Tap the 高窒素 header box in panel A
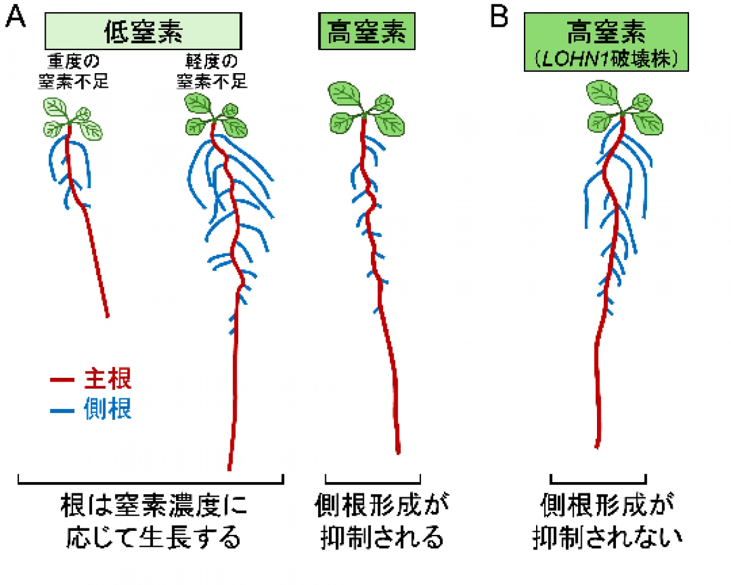(365, 31)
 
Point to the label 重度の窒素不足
(73, 71)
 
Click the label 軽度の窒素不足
(212, 71)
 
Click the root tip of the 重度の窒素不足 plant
(107, 316)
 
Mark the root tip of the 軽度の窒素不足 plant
(229, 468)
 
